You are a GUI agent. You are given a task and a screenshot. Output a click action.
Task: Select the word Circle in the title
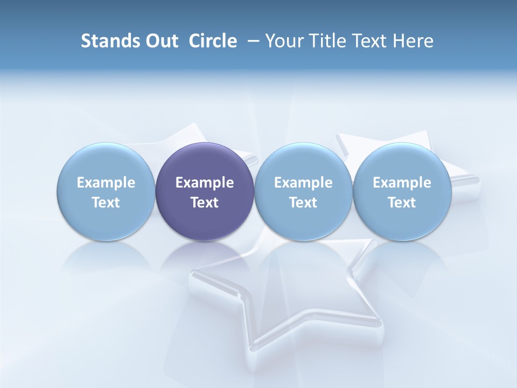(x=213, y=41)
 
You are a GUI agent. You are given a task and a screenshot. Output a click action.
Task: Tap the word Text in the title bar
(x=366, y=41)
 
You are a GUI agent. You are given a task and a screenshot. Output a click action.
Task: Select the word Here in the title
(x=412, y=41)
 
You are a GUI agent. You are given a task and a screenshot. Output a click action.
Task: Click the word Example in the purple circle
(x=205, y=183)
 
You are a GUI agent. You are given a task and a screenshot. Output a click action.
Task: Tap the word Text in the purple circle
(x=205, y=203)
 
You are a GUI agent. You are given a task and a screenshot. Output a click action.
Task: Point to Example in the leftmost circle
(x=106, y=183)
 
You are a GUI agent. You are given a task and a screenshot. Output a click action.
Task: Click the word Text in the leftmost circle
(x=106, y=203)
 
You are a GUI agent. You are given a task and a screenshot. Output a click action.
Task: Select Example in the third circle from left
(x=303, y=183)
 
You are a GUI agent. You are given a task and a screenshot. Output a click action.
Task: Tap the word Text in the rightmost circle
(x=402, y=203)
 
